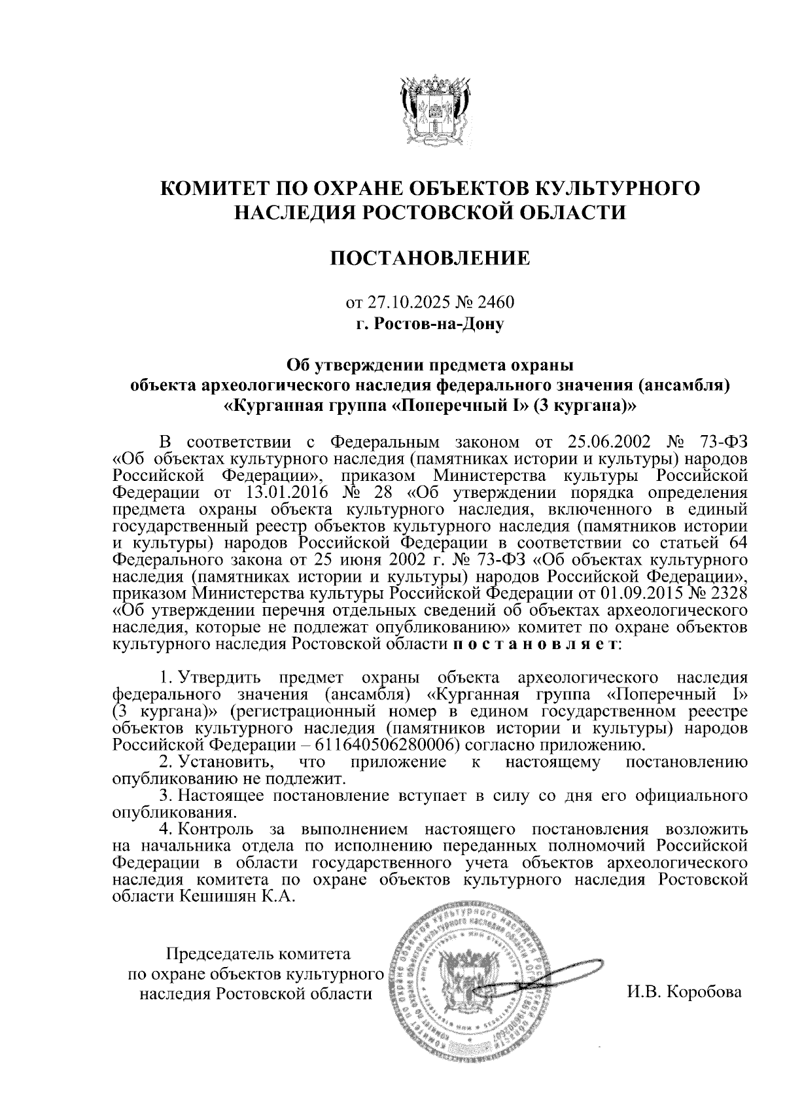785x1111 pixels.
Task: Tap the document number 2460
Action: [x=497, y=303]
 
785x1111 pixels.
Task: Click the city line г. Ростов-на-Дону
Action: [x=430, y=323]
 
